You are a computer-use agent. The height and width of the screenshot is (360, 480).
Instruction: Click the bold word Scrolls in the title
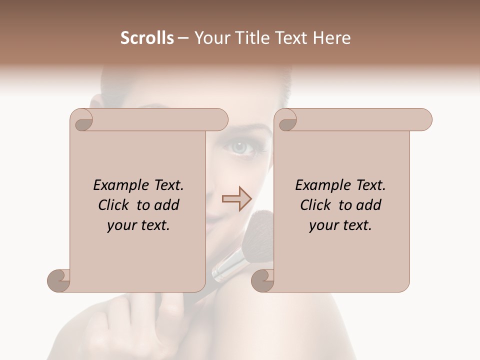147,38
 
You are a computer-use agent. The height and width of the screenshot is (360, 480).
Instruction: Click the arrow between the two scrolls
237,198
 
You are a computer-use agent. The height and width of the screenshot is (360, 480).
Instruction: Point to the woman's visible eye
240,147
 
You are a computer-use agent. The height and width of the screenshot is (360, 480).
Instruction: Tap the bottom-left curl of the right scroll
263,280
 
